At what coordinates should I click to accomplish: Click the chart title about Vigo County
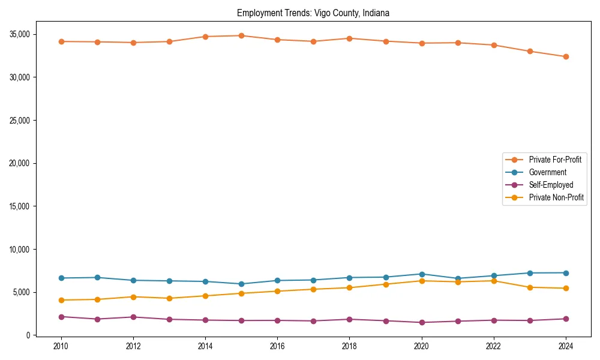[313, 13]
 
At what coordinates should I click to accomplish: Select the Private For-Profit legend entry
[555, 160]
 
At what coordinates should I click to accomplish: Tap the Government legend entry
[547, 172]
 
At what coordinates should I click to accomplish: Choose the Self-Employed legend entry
[551, 185]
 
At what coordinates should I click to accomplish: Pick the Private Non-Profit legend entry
[556, 197]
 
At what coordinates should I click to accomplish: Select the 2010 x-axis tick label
[61, 346]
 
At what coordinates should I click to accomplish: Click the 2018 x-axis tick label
[349, 346]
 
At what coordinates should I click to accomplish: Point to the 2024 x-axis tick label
[566, 346]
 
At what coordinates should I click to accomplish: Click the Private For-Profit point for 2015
[241, 35]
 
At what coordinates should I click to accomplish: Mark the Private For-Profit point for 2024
[566, 56]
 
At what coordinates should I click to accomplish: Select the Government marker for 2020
[422, 274]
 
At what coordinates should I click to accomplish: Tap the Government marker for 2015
[241, 284]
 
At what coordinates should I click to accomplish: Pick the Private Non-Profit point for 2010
[61, 300]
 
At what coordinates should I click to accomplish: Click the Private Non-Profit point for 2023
[530, 287]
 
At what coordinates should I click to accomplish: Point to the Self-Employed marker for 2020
[422, 322]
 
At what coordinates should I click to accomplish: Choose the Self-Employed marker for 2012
[133, 317]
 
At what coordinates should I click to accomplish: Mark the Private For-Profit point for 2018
[349, 38]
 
